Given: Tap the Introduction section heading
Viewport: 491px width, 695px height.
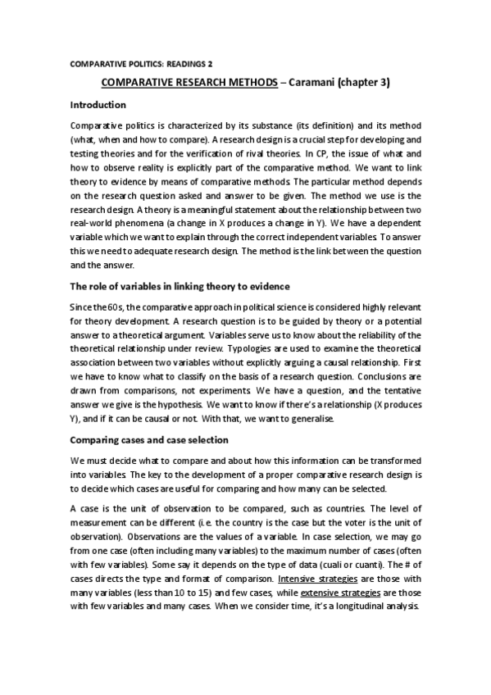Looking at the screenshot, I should point(98,105).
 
